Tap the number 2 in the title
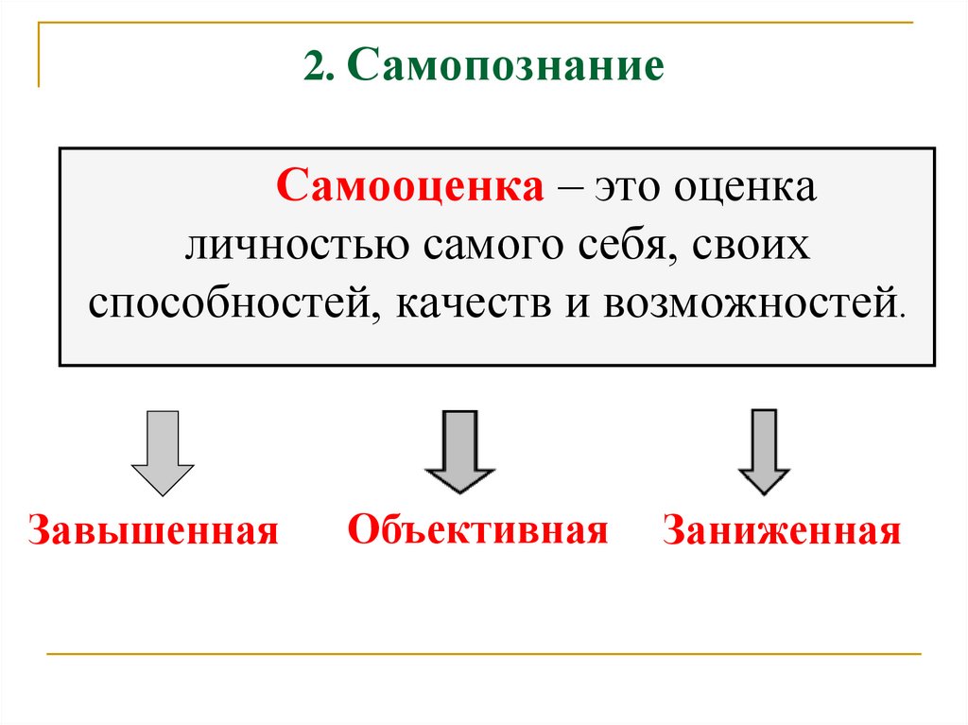coord(312,68)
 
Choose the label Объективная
coord(477,528)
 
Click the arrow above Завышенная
coord(162,452)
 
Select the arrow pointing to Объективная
coord(458,452)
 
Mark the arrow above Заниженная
coord(763,452)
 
